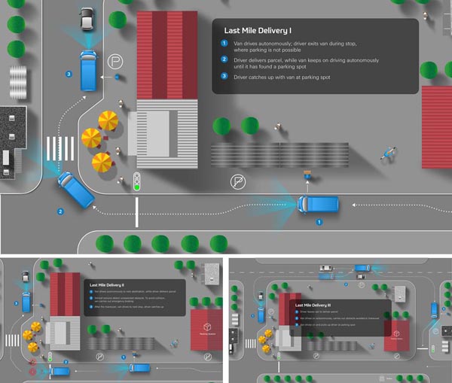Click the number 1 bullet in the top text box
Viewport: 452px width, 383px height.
(224, 43)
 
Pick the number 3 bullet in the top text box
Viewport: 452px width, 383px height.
(224, 77)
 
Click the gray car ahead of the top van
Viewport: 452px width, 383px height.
(87, 18)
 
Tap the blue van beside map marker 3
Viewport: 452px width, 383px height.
(89, 69)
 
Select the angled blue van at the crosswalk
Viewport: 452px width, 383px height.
(75, 189)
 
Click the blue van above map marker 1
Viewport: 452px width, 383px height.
(319, 204)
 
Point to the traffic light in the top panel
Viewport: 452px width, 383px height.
(136, 181)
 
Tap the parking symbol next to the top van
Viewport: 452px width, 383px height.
(114, 61)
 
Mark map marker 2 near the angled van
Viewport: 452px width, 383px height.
(60, 211)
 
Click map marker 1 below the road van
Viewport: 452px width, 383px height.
(319, 222)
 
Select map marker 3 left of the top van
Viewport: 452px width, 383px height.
(69, 74)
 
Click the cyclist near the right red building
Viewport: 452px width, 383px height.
(389, 154)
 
